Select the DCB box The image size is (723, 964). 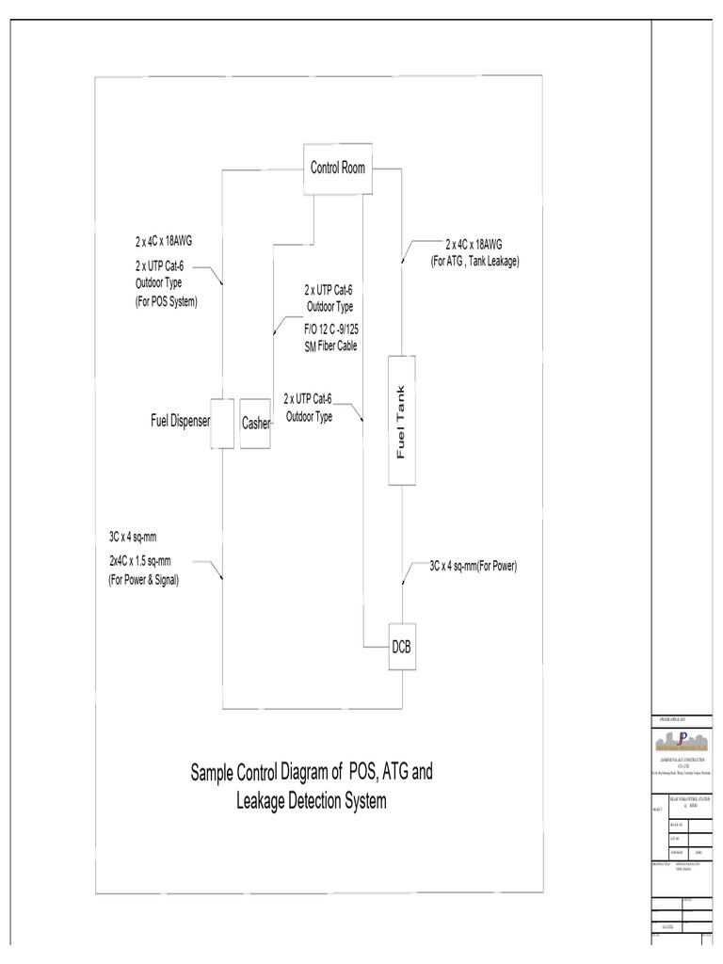click(402, 647)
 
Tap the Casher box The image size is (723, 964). click(255, 423)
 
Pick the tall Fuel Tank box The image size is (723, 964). click(402, 422)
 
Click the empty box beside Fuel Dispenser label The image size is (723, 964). click(221, 423)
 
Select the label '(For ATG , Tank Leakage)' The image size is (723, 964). click(474, 261)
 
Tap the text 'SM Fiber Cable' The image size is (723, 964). click(335, 345)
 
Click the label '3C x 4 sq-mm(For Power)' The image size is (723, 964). click(474, 567)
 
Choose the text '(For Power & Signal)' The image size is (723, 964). click(143, 580)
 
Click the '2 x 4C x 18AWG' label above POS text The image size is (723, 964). click(164, 241)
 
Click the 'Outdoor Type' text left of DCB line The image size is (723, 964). click(309, 416)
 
